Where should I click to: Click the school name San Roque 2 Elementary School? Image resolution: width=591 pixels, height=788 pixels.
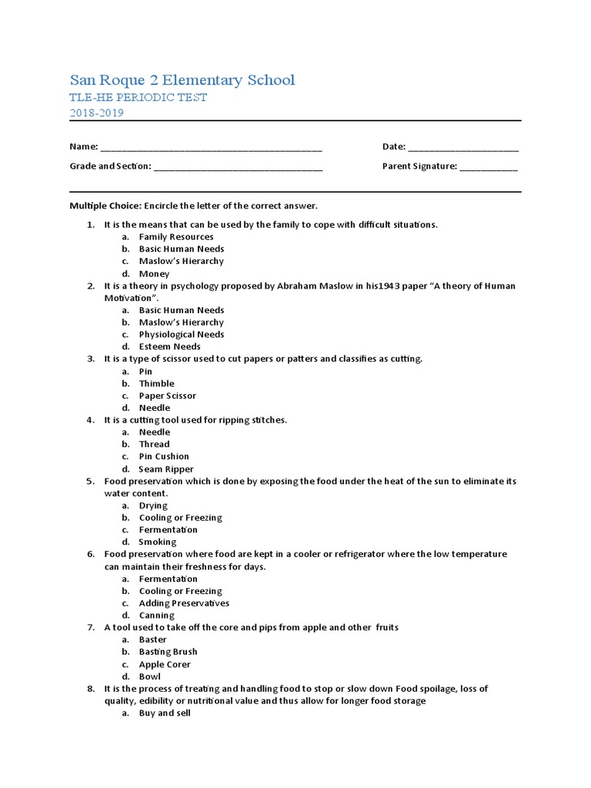[182, 80]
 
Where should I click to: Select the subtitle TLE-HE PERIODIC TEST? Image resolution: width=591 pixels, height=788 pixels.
[139, 98]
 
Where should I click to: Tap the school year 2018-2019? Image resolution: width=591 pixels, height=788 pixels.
[96, 113]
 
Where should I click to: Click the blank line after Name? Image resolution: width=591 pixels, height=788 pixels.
[211, 148]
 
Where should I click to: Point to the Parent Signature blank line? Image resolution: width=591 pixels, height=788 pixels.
[489, 167]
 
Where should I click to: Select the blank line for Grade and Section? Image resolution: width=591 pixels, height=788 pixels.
[239, 167]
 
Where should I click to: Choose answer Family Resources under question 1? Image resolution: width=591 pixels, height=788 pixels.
[176, 237]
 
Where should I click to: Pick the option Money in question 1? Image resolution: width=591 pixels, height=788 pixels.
[154, 274]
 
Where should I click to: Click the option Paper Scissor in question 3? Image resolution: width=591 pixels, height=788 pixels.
[167, 396]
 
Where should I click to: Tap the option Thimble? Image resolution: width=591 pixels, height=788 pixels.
[156, 383]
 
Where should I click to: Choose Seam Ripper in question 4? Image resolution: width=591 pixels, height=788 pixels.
[166, 469]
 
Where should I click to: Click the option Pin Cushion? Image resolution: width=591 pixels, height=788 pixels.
[164, 456]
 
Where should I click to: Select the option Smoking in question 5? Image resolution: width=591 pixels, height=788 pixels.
[157, 543]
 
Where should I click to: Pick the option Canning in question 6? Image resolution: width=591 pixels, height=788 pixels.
[156, 616]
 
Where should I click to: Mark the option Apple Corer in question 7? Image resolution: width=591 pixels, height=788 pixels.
[165, 664]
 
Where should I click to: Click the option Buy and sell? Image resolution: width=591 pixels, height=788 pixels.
[165, 713]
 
